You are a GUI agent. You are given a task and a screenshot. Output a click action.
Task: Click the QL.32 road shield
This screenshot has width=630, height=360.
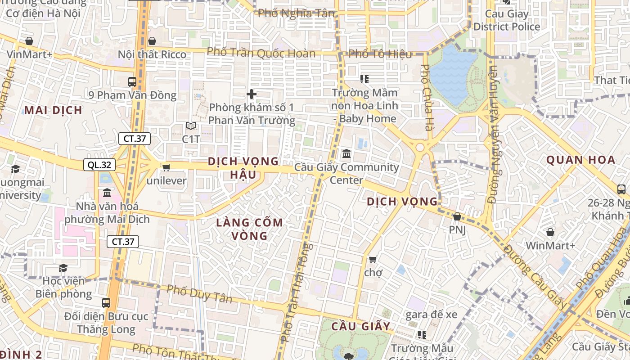99,165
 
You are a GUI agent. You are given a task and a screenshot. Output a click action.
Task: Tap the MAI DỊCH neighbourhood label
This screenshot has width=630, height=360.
53,110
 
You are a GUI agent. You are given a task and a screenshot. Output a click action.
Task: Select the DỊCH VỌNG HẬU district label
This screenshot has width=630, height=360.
243,168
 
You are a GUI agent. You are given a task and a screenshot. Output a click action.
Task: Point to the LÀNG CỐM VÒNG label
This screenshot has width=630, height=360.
249,229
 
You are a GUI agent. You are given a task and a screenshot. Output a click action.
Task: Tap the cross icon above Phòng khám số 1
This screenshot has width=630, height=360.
252,94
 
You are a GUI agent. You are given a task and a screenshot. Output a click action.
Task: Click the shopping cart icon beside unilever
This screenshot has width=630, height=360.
166,167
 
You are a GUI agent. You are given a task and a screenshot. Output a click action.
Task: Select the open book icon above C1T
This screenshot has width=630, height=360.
191,126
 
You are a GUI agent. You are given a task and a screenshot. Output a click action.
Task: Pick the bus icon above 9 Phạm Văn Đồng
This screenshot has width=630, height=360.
132,82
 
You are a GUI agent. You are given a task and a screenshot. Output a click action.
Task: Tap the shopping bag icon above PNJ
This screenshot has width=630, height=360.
457,216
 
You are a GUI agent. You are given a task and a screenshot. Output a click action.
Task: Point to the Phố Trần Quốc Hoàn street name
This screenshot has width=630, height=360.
261,53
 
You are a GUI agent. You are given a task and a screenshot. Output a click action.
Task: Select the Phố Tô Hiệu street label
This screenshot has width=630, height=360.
380,54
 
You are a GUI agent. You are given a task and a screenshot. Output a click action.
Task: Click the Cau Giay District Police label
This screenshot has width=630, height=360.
507,20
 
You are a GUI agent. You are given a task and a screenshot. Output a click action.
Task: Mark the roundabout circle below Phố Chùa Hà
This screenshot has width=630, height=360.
420,147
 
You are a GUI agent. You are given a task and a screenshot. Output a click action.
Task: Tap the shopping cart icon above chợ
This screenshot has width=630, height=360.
373,260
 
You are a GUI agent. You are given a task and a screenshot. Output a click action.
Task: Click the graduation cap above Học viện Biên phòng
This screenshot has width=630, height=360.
63,268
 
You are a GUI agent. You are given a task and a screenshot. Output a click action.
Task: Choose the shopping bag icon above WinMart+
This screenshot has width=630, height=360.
550,233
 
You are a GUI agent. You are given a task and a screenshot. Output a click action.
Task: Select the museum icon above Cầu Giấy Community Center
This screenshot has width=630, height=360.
346,154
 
